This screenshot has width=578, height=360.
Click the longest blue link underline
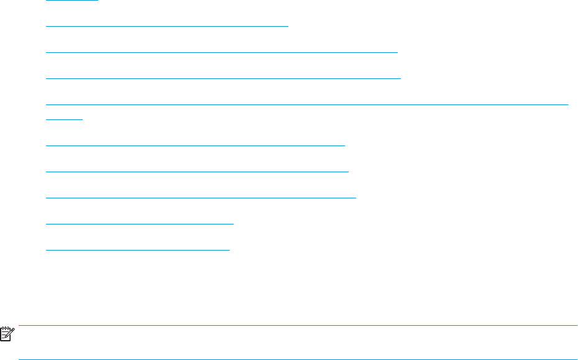[x=308, y=104]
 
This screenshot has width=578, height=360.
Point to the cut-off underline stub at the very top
[x=72, y=1]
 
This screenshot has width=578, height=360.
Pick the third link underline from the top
[x=222, y=52]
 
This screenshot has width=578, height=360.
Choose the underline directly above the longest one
[x=224, y=78]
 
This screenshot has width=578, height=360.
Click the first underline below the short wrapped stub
[x=195, y=144]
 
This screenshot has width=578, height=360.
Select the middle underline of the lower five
[x=201, y=196]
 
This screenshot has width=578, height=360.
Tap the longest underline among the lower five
[x=201, y=196]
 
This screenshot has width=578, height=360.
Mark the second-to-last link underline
[x=140, y=222]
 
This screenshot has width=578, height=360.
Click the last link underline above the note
[x=138, y=249]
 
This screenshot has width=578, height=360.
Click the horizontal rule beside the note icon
[x=298, y=325]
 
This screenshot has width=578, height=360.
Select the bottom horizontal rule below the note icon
[x=298, y=359]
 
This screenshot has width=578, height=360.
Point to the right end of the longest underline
[x=568, y=104]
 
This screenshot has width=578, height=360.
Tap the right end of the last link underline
[x=229, y=249]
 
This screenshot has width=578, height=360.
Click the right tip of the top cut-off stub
[x=98, y=1]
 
